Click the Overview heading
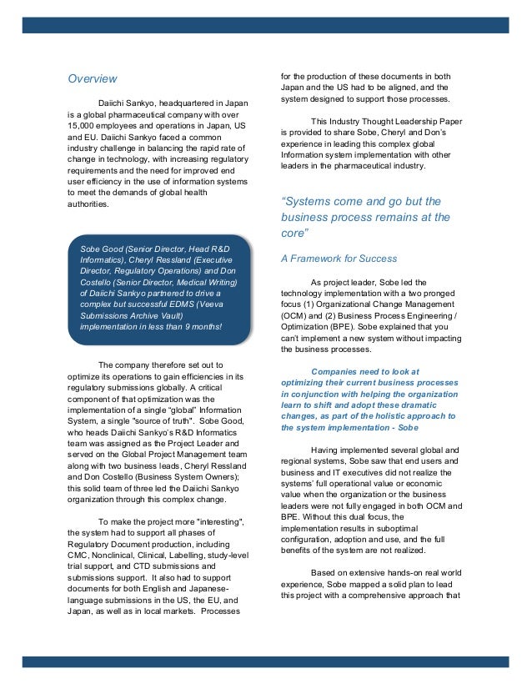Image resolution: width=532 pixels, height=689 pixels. click(x=92, y=79)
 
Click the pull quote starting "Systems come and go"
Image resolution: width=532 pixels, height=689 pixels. click(x=365, y=216)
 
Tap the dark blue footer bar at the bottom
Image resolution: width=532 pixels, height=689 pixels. click(x=265, y=661)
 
